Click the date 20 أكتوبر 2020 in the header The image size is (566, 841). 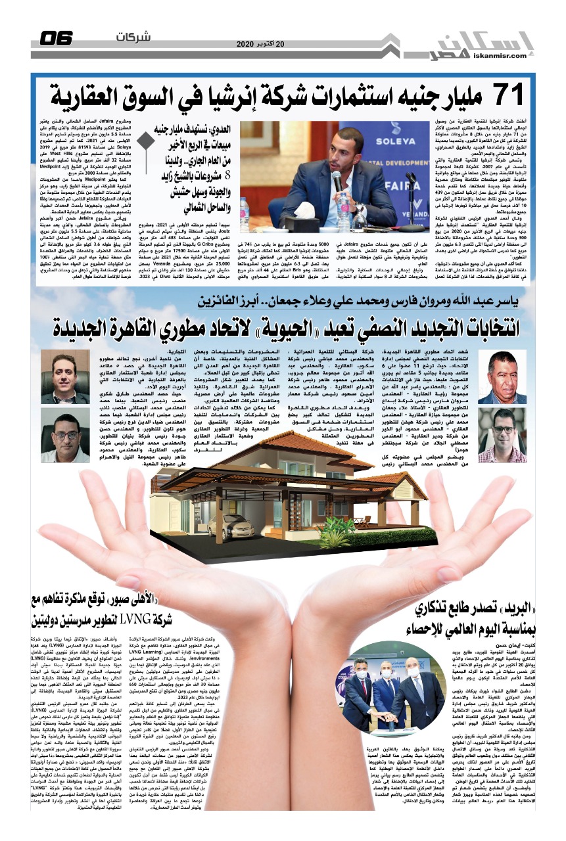tap(263, 44)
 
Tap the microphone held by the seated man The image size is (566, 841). tap(338, 179)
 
